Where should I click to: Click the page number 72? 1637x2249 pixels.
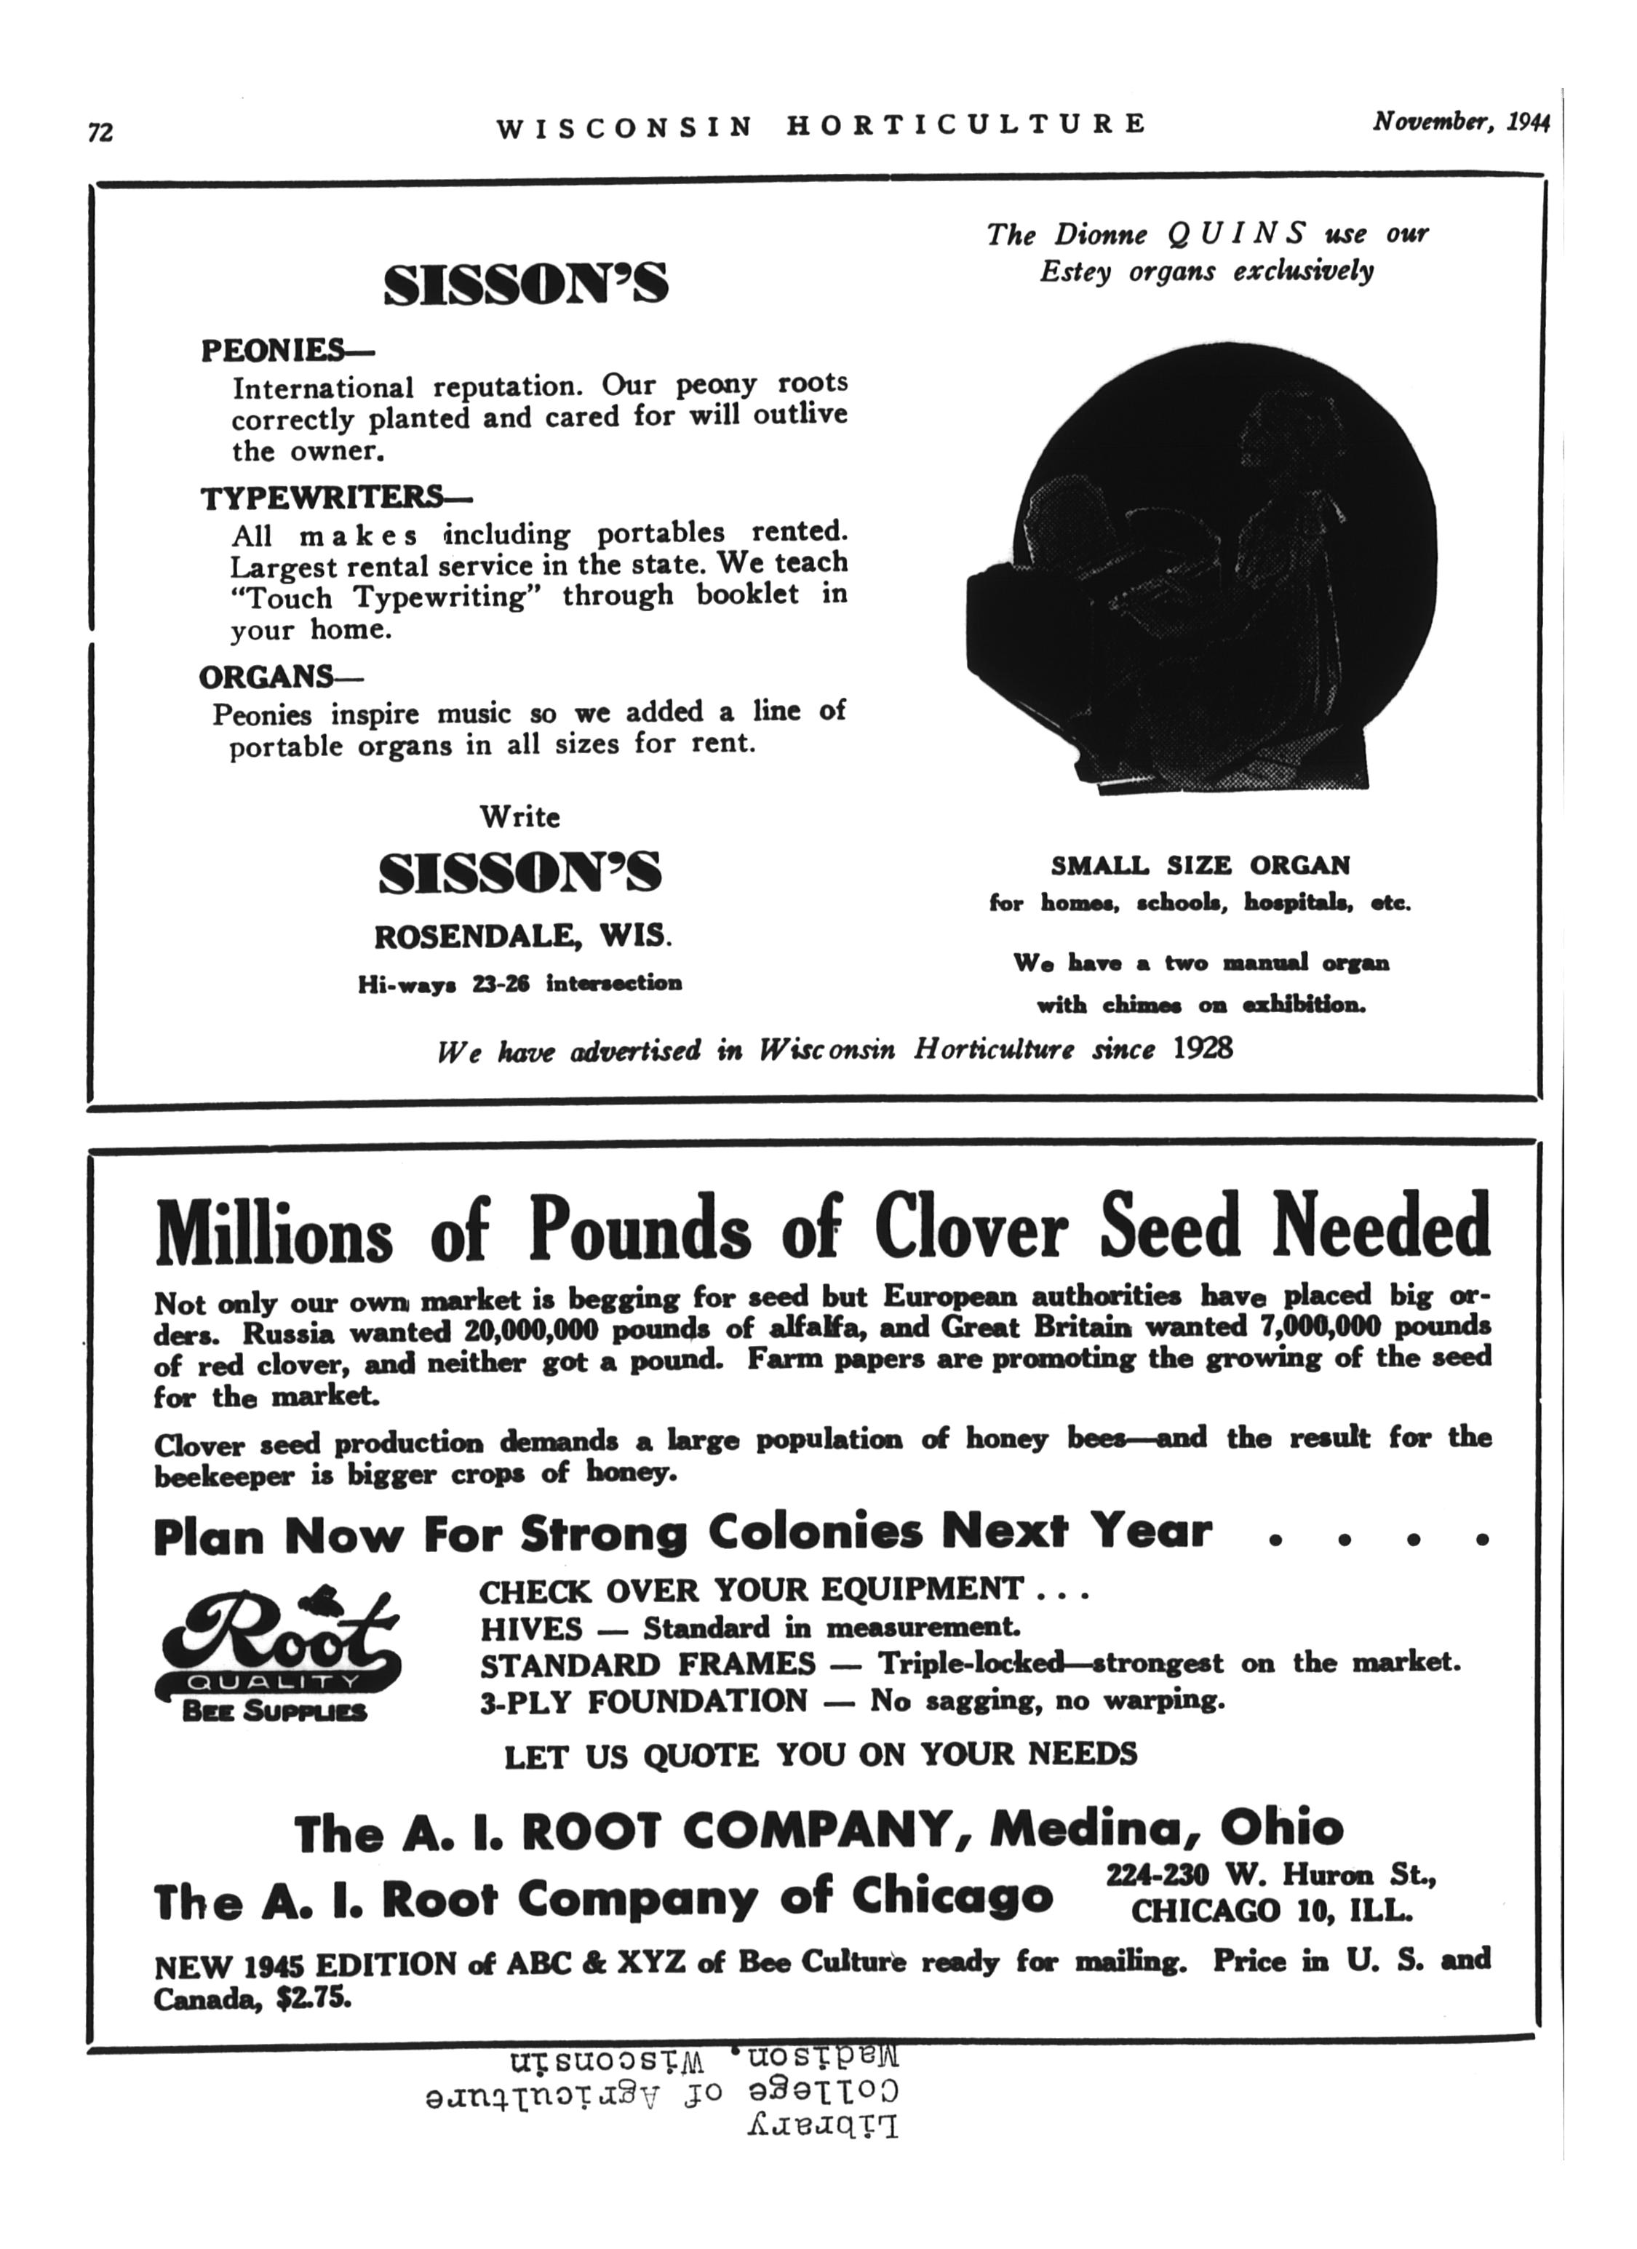point(100,132)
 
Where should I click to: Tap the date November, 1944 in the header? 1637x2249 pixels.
point(1459,122)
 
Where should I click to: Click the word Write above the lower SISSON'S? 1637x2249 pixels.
point(519,817)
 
